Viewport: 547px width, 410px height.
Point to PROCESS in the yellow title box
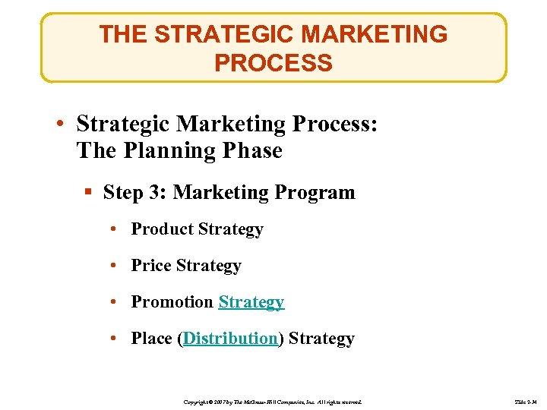click(273, 63)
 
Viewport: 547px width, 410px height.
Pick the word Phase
click(252, 150)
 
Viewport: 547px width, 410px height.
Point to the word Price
click(151, 266)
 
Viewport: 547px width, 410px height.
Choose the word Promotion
click(172, 302)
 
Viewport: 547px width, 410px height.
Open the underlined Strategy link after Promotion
click(251, 302)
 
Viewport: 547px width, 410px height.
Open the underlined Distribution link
click(230, 339)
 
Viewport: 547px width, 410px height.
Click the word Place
click(152, 339)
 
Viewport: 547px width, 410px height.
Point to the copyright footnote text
click(273, 400)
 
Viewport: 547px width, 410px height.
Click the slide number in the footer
click(525, 400)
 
